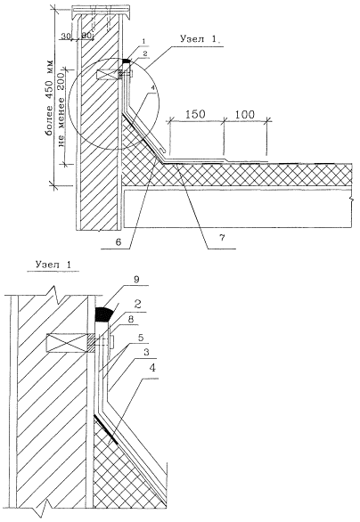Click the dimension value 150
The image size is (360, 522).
pos(195,114)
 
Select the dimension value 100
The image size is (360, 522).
pos(245,114)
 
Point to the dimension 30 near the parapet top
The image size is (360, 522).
pos(66,36)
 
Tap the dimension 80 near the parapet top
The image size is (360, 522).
pos(86,35)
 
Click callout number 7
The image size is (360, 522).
pos(222,237)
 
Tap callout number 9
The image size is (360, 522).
pos(135,279)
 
